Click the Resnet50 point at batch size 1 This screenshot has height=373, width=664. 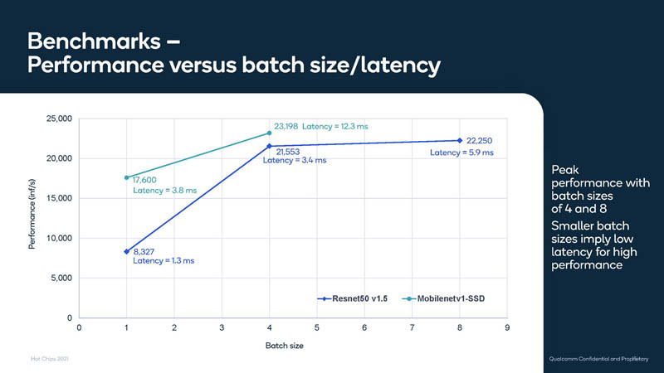(126, 251)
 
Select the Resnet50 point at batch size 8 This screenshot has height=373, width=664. (459, 140)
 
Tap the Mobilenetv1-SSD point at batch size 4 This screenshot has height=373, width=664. (269, 133)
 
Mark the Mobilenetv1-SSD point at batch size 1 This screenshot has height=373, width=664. (126, 177)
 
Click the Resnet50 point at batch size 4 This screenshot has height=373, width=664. (269, 146)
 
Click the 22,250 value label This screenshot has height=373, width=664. (481, 141)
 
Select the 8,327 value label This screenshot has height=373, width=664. (144, 251)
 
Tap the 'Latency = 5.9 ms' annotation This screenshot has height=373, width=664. (461, 153)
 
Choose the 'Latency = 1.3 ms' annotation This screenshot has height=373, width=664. (164, 262)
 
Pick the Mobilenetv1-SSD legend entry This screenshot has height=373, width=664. (444, 298)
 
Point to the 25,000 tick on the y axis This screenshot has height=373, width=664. (59, 119)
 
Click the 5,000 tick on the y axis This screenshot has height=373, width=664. (61, 278)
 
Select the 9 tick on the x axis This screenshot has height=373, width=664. (506, 329)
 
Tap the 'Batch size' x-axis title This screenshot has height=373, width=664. (293, 345)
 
